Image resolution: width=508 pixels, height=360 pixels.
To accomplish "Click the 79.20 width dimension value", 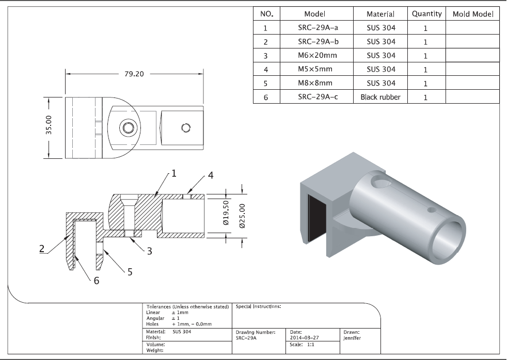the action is point(134,74).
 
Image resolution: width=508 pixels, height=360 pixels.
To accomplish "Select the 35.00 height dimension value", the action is point(49,125).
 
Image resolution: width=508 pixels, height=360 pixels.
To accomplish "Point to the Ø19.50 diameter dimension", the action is point(226,212).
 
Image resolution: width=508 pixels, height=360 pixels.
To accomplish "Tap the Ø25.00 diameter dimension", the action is point(242,216).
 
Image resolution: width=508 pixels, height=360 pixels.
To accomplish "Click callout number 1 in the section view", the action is point(173,173).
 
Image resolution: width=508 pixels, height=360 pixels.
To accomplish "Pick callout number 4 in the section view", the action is point(211,175).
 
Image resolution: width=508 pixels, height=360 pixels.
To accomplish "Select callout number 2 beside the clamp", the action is point(42,249).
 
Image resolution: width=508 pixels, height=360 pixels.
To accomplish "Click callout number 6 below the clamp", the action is point(96,281).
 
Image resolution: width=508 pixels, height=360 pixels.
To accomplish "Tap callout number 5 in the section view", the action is point(130,272).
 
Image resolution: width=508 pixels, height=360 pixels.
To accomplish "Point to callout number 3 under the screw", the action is point(149,251).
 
